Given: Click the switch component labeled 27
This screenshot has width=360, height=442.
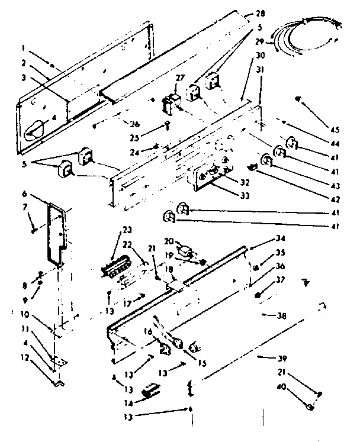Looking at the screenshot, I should tap(172, 101).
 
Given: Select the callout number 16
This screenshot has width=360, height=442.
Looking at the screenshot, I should tap(150, 333).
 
